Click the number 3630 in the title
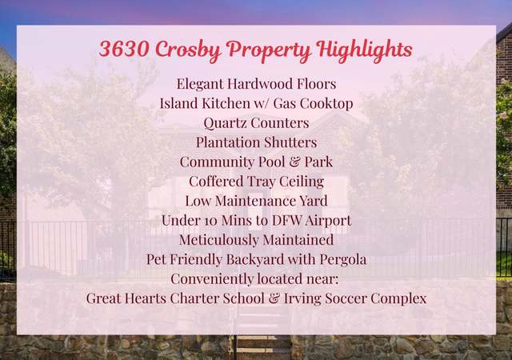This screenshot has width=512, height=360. (125, 48)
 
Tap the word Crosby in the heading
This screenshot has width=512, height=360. (188, 50)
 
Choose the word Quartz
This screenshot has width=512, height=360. (225, 123)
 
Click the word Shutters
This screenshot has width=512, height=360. (290, 142)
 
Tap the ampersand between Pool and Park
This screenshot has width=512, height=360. (294, 162)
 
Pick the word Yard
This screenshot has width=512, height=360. (314, 201)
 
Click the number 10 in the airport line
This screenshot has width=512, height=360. (210, 221)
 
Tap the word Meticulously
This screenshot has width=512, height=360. (218, 240)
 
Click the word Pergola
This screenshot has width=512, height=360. (343, 260)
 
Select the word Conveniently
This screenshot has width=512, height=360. (212, 279)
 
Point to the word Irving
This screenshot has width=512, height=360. (302, 299)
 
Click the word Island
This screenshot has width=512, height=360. (179, 103)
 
